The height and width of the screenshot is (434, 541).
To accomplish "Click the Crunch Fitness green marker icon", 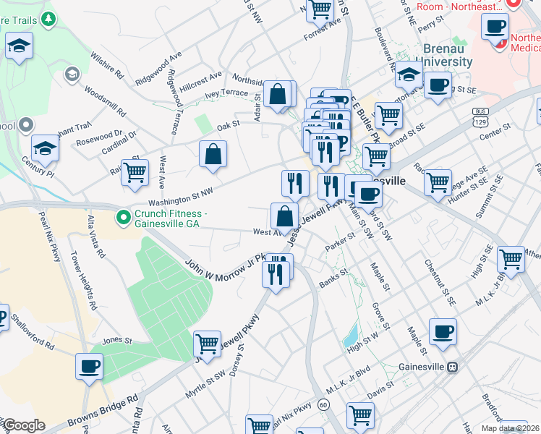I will pyautogui.click(x=124, y=216).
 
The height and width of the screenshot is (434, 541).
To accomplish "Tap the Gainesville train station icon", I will pyautogui.click(x=453, y=367).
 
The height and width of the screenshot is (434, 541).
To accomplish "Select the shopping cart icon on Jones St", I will pyautogui.click(x=207, y=344).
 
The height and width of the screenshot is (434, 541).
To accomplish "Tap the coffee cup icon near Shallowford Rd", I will pyautogui.click(x=90, y=365).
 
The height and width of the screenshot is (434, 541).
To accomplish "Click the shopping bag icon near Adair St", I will pyautogui.click(x=277, y=93).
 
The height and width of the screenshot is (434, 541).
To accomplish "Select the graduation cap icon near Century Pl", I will pyautogui.click(x=45, y=149).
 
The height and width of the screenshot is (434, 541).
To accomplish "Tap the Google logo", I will pyautogui.click(x=24, y=425).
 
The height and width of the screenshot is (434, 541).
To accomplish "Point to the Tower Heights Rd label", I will pyautogui.click(x=84, y=280).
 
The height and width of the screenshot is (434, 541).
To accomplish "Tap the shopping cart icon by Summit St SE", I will pyautogui.click(x=511, y=259).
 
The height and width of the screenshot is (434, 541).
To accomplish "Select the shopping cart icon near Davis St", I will pyautogui.click(x=359, y=414).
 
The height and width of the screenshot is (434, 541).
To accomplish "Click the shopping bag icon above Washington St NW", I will pyautogui.click(x=213, y=153).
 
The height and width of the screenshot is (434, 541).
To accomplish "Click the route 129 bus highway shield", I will pyautogui.click(x=479, y=116).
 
